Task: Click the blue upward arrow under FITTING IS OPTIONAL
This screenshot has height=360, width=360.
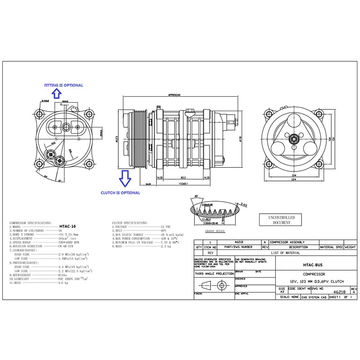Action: click(56, 93)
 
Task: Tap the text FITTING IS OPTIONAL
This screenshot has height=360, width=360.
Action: click(63, 85)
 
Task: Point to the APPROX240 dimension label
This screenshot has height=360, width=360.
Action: click(174, 95)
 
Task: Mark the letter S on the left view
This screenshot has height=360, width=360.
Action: click(56, 139)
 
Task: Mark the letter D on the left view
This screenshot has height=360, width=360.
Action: click(79, 139)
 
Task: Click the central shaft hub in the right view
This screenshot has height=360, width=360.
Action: click(294, 139)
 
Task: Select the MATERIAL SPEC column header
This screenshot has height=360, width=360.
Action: click(331, 247)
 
